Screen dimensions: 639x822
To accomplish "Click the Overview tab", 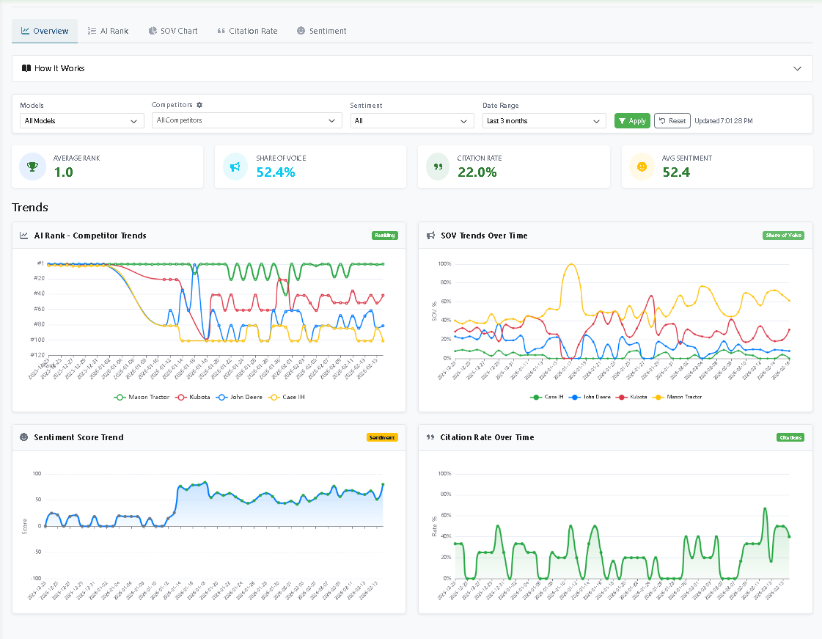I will [x=45, y=31].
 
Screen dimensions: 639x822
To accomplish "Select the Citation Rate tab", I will [x=247, y=31].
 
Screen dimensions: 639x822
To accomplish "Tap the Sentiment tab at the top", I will [x=322, y=31].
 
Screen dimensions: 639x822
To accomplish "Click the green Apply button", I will [x=632, y=120].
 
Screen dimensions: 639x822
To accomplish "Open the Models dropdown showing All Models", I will [x=81, y=121].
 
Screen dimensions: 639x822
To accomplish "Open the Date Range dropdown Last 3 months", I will [x=543, y=121].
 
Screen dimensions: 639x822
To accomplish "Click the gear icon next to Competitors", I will [x=199, y=105].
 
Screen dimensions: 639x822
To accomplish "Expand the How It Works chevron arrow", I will [x=798, y=68].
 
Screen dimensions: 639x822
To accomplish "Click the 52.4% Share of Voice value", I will [x=276, y=172].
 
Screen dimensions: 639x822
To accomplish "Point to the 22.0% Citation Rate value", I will [x=477, y=172].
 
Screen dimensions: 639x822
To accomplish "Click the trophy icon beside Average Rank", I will [x=32, y=167].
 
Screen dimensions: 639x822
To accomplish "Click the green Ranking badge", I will [x=384, y=235].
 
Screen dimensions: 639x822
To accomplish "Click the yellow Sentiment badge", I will [x=382, y=437].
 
